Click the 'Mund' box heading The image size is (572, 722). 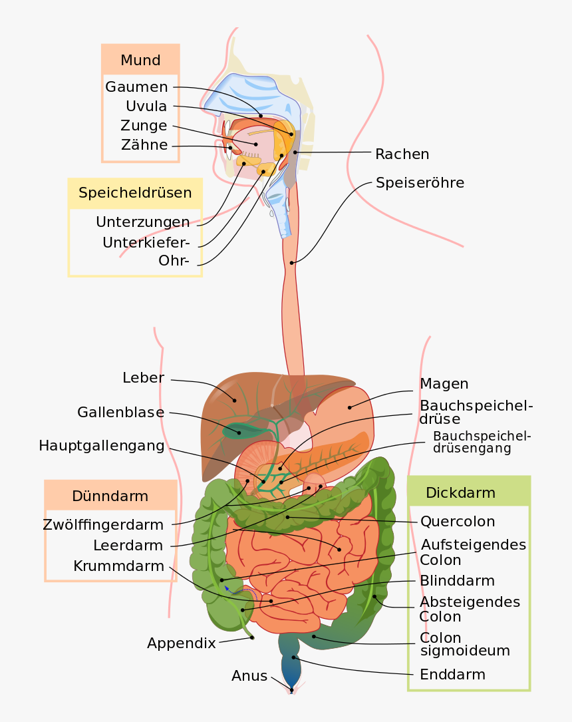[x=140, y=61]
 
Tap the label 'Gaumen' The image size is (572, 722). [x=136, y=87]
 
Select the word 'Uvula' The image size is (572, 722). [x=146, y=106]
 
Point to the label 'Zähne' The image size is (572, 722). [x=144, y=145]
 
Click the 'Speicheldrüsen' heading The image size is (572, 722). [x=135, y=193]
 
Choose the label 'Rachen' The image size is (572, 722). [x=402, y=154]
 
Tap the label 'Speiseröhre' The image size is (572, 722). [x=420, y=182]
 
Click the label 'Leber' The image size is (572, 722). [x=143, y=378]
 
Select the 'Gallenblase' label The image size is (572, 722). [x=120, y=413]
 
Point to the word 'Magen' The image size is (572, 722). [x=444, y=384]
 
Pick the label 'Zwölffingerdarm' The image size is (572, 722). [x=102, y=524]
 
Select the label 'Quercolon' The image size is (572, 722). [x=458, y=521]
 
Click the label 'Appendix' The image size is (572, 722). [x=181, y=643]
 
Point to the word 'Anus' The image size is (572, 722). [x=249, y=676]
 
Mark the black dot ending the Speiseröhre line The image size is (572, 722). [x=292, y=263]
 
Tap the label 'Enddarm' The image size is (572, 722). [x=452, y=675]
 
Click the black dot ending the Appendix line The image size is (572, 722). [x=252, y=638]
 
